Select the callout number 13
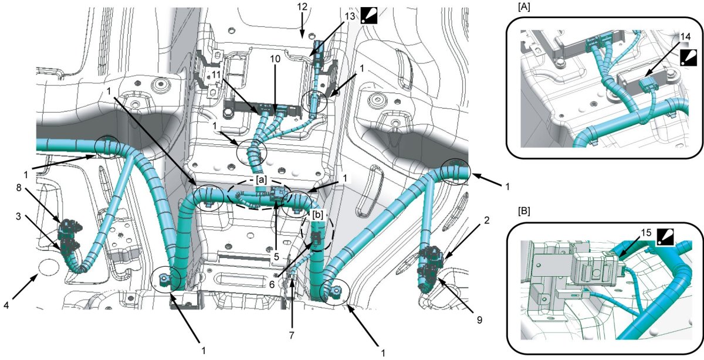350,16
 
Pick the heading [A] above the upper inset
523,8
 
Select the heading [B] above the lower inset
523,209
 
